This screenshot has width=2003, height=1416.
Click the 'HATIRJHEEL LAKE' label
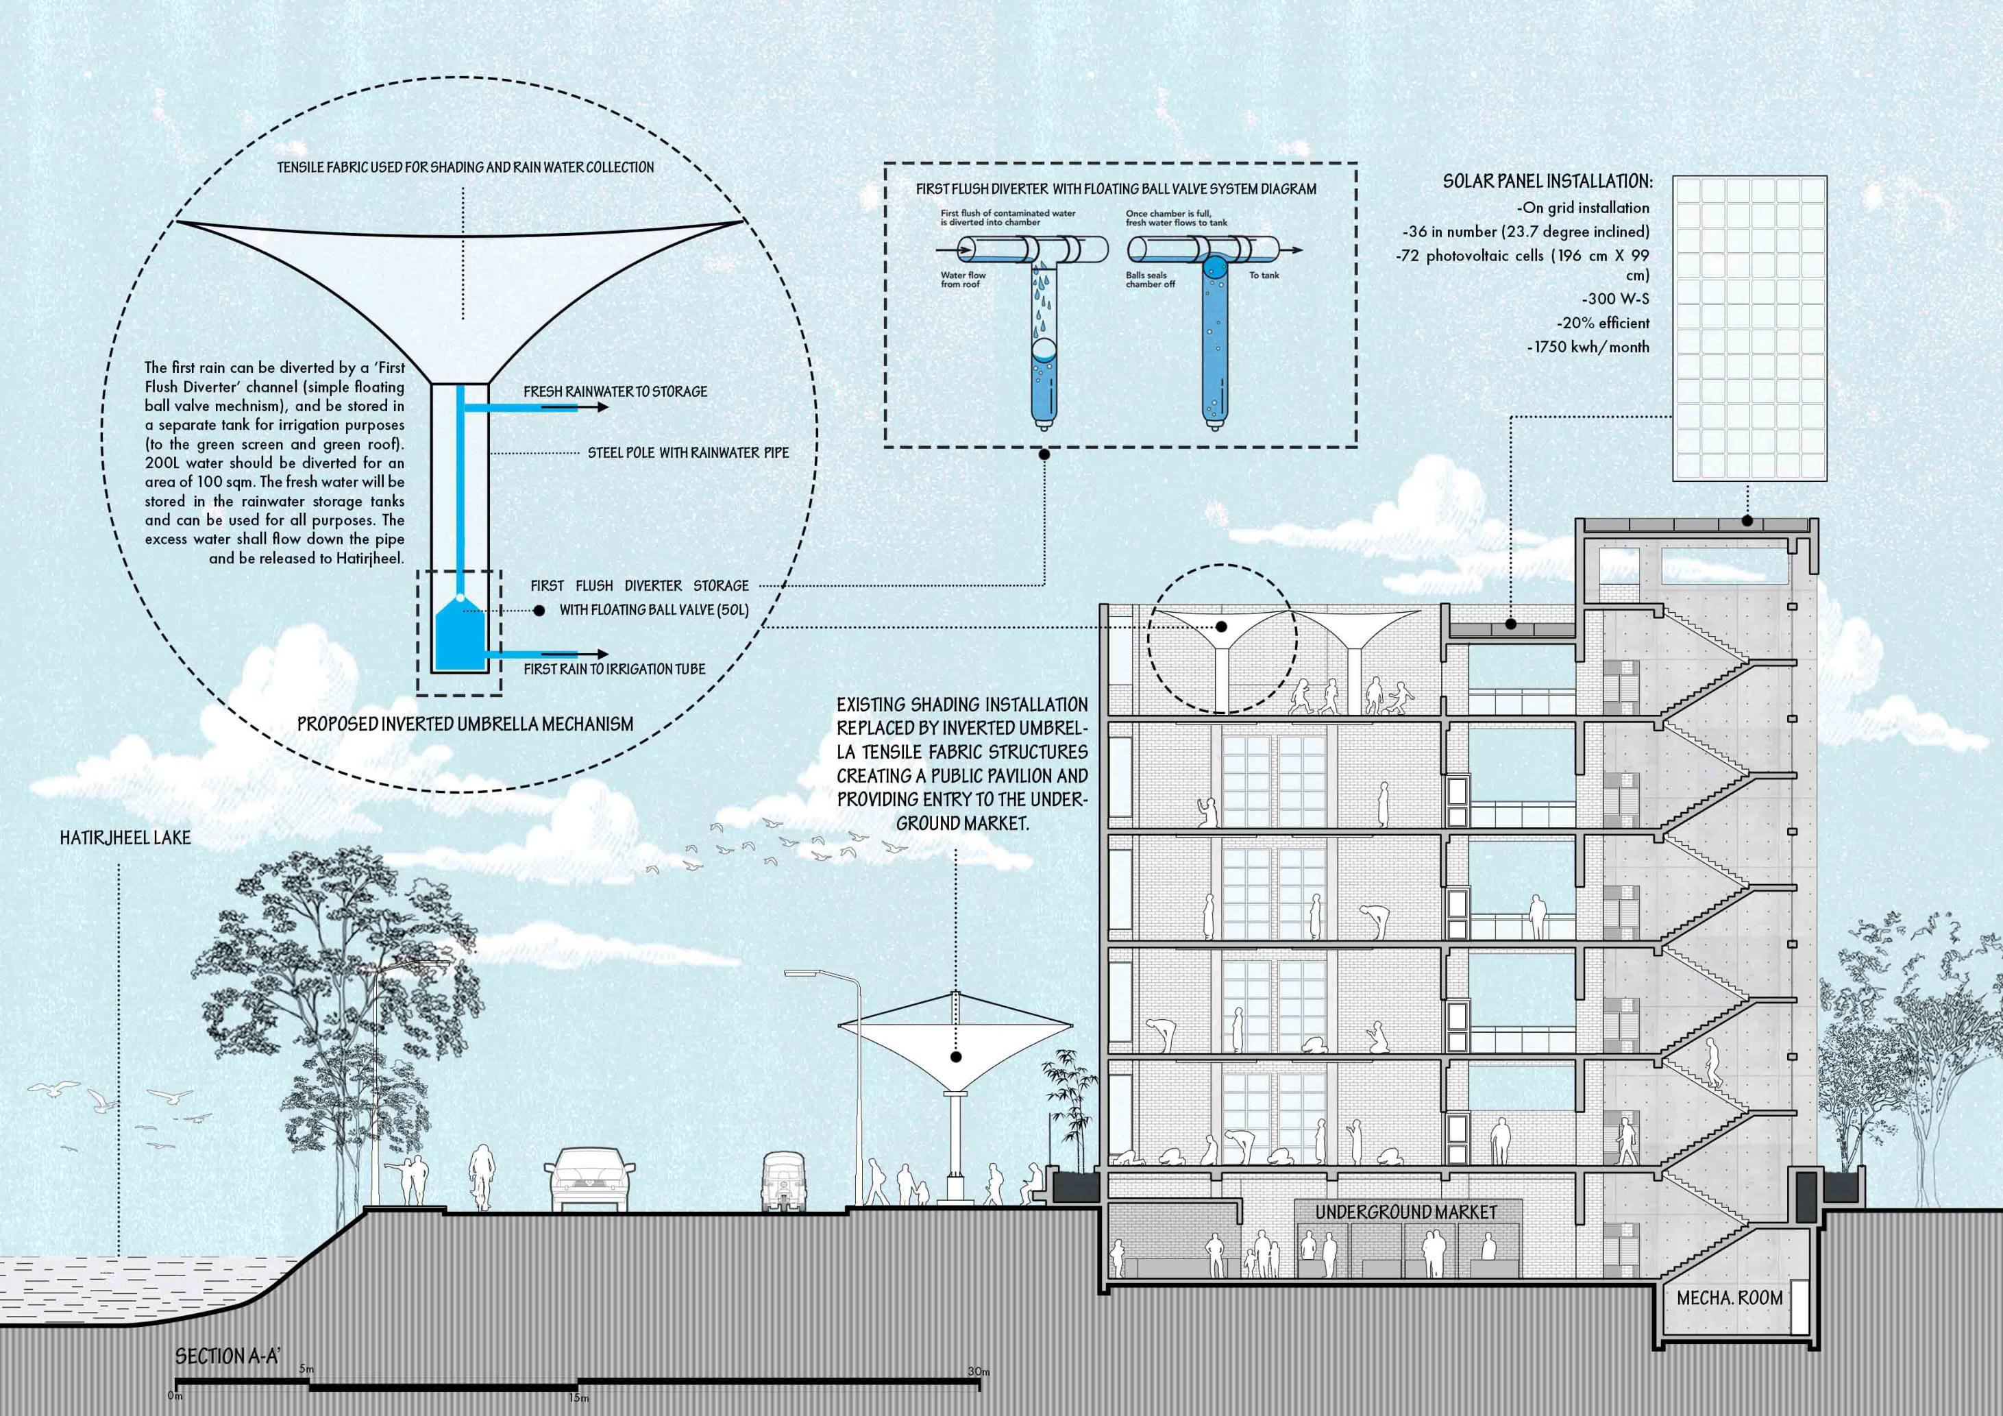pyautogui.click(x=125, y=838)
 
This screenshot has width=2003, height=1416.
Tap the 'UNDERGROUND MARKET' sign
pyautogui.click(x=1405, y=1212)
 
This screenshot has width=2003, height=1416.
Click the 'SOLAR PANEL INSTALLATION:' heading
pyautogui.click(x=1547, y=182)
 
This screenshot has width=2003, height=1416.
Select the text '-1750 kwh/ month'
pyautogui.click(x=1588, y=346)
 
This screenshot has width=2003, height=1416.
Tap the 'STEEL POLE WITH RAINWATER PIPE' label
pyautogui.click(x=688, y=454)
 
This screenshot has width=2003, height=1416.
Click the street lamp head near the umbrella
pyautogui.click(x=800, y=973)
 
